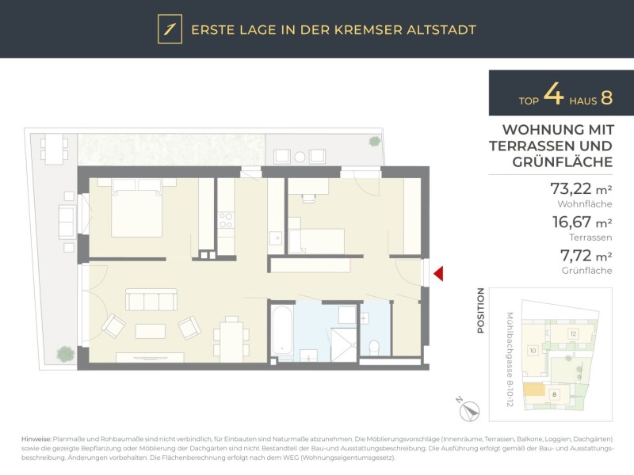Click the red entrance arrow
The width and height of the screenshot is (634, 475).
pyautogui.click(x=439, y=273)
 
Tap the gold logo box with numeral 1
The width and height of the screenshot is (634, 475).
pyautogui.click(x=170, y=29)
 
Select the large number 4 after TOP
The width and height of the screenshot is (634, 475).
pyautogui.click(x=553, y=94)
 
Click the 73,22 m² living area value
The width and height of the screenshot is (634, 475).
pyautogui.click(x=581, y=188)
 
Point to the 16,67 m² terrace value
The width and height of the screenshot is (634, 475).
pyautogui.click(x=582, y=222)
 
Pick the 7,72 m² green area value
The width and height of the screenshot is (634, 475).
pyautogui.click(x=586, y=256)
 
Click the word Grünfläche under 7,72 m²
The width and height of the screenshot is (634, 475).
pyautogui.click(x=586, y=271)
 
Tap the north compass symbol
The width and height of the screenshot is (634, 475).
pyautogui.click(x=469, y=411)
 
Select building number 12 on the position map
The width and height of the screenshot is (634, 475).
pyautogui.click(x=573, y=334)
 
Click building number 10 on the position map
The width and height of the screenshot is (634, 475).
pyautogui.click(x=533, y=351)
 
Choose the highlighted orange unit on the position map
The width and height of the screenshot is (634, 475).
pyautogui.click(x=534, y=389)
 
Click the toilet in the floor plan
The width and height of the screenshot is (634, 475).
pyautogui.click(x=374, y=348)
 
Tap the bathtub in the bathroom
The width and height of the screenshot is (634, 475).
pyautogui.click(x=282, y=330)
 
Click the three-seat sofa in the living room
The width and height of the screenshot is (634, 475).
pyautogui.click(x=151, y=300)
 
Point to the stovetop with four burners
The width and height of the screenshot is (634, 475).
pyautogui.click(x=226, y=220)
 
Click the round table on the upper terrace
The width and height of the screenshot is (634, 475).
pyautogui.click(x=300, y=157)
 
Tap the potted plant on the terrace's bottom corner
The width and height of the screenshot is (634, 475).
pyautogui.click(x=66, y=354)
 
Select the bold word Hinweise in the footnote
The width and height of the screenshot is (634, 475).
pyautogui.click(x=36, y=439)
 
